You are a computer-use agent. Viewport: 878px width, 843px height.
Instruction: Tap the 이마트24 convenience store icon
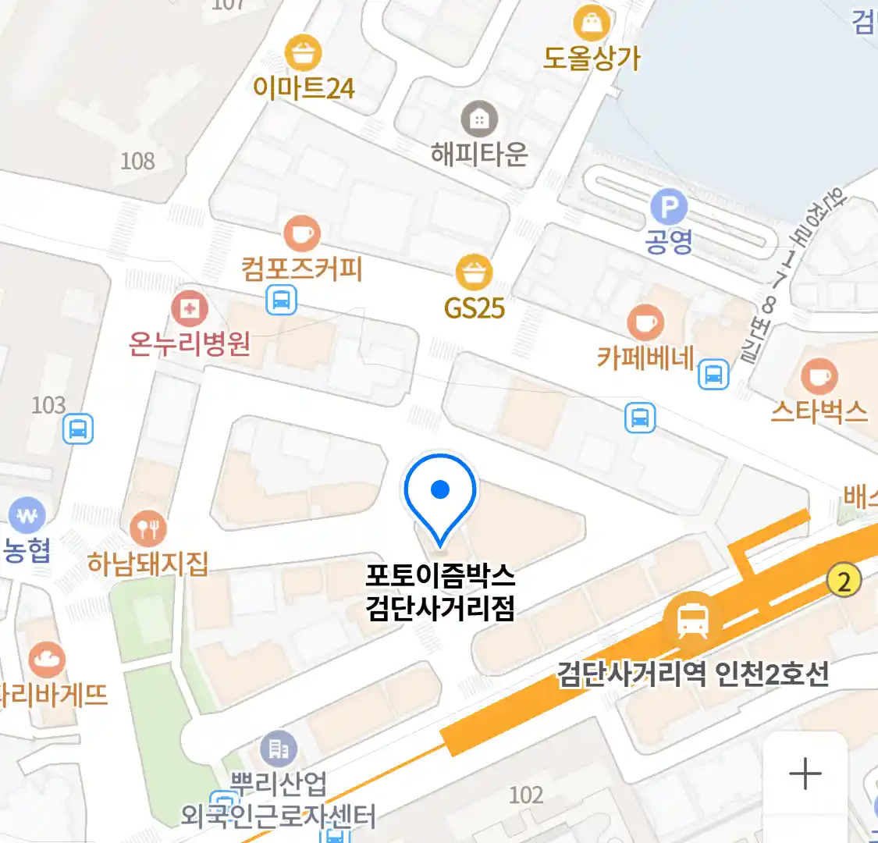pyautogui.click(x=304, y=52)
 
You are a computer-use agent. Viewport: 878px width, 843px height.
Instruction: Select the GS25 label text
pyautogui.click(x=475, y=308)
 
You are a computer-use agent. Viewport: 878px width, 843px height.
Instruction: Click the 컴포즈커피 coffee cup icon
pyautogui.click(x=301, y=233)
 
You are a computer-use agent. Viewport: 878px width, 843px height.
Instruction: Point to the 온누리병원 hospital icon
pyautogui.click(x=189, y=308)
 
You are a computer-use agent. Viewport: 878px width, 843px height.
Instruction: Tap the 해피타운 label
pyautogui.click(x=479, y=154)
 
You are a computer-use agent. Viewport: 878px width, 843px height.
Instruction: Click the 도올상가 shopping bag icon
pyautogui.click(x=592, y=23)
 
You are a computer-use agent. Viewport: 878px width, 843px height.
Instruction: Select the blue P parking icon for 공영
pyautogui.click(x=669, y=208)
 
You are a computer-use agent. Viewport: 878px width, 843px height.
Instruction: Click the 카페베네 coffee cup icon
pyautogui.click(x=645, y=322)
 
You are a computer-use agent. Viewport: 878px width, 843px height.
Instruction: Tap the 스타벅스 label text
pyautogui.click(x=819, y=411)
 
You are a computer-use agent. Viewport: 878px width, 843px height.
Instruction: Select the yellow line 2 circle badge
pyautogui.click(x=844, y=581)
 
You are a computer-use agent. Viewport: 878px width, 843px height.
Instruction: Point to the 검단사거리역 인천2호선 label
pyautogui.click(x=692, y=674)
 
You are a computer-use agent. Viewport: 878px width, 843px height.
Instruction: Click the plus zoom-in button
pyautogui.click(x=805, y=774)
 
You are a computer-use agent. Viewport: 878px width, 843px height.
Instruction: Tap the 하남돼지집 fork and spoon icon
pyautogui.click(x=148, y=529)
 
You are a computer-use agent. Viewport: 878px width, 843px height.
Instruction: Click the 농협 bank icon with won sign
pyautogui.click(x=27, y=516)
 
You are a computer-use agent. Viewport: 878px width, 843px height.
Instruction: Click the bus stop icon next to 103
pyautogui.click(x=77, y=429)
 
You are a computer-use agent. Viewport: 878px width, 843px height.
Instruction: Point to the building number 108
pyautogui.click(x=137, y=162)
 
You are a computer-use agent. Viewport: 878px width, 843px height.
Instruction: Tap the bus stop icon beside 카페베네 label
pyautogui.click(x=713, y=375)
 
